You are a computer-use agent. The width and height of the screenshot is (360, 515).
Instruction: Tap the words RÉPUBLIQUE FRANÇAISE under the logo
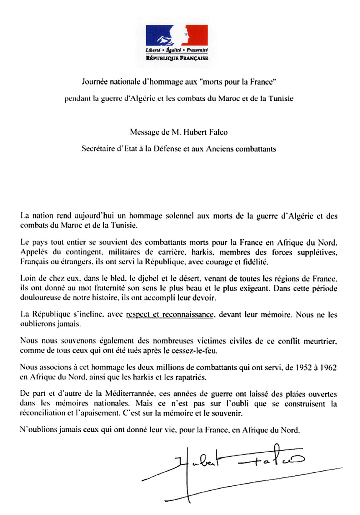click(x=176, y=58)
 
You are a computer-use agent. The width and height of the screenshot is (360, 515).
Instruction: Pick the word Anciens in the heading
click(x=228, y=149)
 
